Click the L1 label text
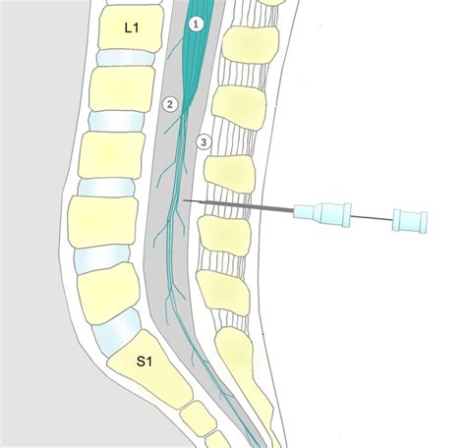132,28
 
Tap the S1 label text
145,362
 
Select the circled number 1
196,25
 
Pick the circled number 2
170,105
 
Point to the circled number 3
204,142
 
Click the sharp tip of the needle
183,199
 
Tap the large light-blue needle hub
322,214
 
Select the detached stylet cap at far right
410,221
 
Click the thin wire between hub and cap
372,218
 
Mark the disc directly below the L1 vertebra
126,58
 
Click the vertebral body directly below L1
122,89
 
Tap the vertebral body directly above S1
109,293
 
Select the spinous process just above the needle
229,174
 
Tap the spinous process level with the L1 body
251,45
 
